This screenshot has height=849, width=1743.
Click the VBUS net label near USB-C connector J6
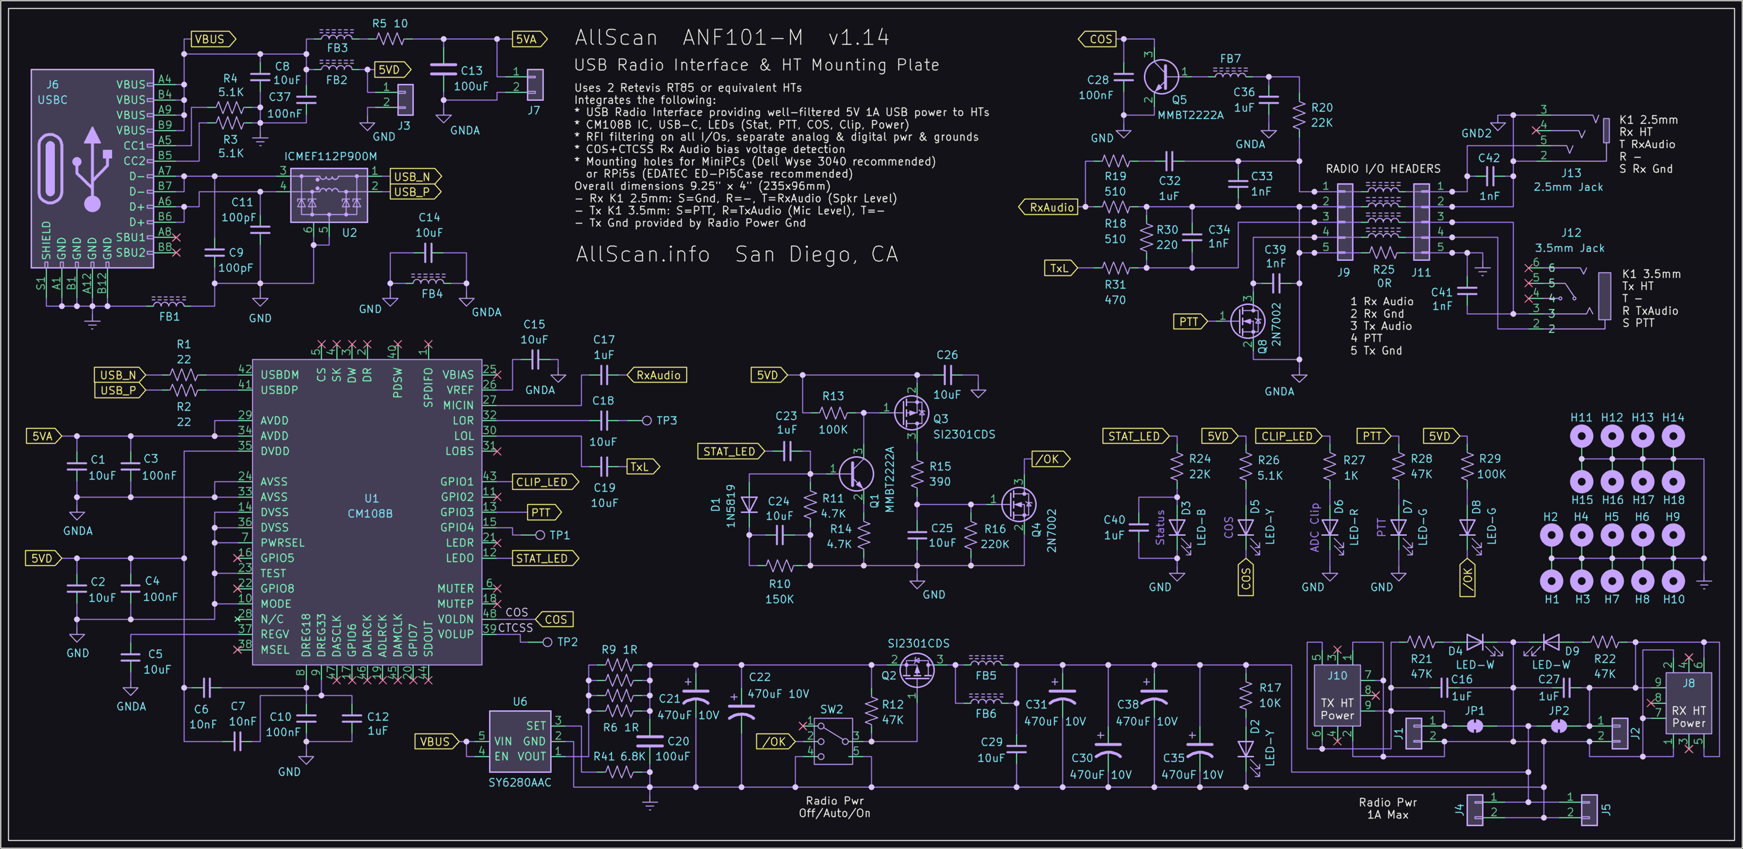[x=212, y=39]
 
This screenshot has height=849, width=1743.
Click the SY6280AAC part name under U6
[x=520, y=783]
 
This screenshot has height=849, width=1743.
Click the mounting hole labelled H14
[x=1673, y=436]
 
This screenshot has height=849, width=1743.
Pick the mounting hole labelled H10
[x=1673, y=581]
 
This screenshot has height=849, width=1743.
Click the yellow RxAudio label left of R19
[x=1051, y=207]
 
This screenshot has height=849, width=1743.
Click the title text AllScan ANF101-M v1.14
[x=732, y=38]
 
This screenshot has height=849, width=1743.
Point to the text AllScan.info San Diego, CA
[x=736, y=254]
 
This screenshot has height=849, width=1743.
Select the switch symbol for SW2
[x=833, y=741]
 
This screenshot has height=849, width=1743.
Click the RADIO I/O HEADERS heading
[x=1382, y=168]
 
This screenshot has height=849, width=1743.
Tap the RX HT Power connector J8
[x=1688, y=704]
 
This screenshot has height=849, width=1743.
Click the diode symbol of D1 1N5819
[x=749, y=505]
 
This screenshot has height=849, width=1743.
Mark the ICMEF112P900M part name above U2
[x=330, y=156]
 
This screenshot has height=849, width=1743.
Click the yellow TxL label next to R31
[x=1059, y=268]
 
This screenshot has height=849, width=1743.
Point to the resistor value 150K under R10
[x=779, y=600]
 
